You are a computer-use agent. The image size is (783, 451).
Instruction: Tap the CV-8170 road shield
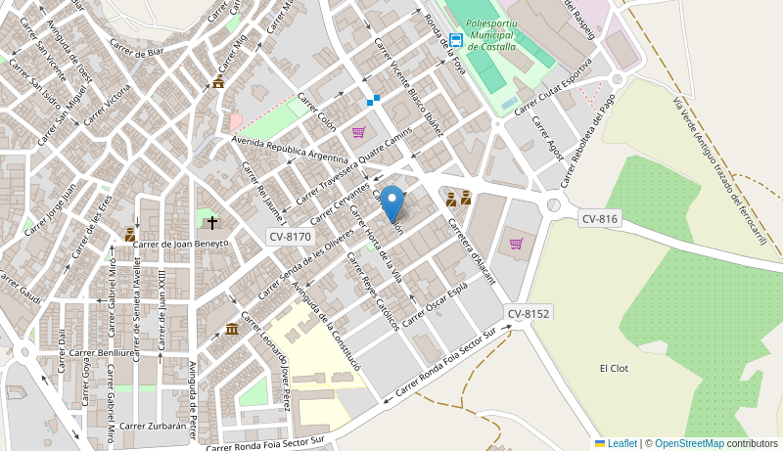tap(290, 237)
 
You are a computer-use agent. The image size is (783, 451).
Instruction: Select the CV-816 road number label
tap(600, 219)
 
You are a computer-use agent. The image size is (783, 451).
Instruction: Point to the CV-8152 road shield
tap(529, 313)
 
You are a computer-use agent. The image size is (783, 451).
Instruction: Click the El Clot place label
tap(614, 368)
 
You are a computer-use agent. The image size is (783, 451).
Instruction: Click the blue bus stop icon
tap(456, 40)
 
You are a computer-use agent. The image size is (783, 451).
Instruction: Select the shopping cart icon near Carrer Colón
tap(359, 132)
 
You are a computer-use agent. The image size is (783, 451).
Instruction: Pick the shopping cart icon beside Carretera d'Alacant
tap(516, 244)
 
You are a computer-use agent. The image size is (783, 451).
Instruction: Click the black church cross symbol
tap(211, 223)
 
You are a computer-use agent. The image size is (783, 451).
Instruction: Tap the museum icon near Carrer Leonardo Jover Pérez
tap(231, 329)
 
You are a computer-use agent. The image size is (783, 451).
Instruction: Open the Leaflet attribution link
tap(622, 443)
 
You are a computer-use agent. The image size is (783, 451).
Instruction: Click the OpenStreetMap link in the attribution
tap(688, 443)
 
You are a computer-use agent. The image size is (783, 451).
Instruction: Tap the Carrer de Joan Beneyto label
tap(180, 244)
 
